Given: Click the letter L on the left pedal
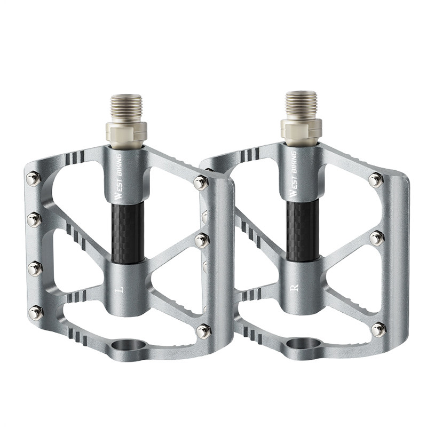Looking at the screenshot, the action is [119, 289].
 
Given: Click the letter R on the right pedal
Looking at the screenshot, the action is [295, 288].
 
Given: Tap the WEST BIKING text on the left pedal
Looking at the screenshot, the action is [118, 177].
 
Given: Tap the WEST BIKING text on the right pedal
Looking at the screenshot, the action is [293, 174].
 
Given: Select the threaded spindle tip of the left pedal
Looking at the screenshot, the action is [126, 108].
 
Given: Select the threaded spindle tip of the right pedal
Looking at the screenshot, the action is [301, 105].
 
